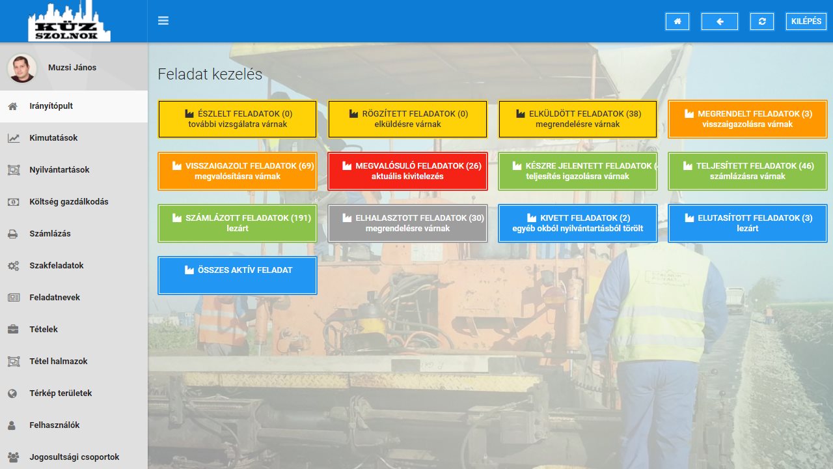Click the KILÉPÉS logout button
click(x=806, y=21)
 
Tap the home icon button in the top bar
click(x=677, y=21)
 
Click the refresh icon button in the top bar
click(x=761, y=21)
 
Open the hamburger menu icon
click(x=163, y=20)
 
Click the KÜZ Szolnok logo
click(x=69, y=22)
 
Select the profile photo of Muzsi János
click(x=22, y=68)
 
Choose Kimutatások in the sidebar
click(x=53, y=137)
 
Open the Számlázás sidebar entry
click(x=50, y=234)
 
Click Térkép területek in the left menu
click(x=61, y=393)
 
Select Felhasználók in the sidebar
click(x=54, y=425)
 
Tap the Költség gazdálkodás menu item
click(x=69, y=202)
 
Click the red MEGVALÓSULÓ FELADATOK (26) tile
click(x=407, y=171)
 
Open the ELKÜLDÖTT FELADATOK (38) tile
click(x=577, y=119)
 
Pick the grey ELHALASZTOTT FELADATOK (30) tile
click(x=407, y=223)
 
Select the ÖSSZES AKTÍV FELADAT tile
click(x=238, y=276)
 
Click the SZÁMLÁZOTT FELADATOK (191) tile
click(x=238, y=223)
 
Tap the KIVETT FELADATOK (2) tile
click(x=577, y=223)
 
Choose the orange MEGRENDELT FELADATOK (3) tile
click(x=748, y=119)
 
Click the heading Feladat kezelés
click(x=210, y=74)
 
